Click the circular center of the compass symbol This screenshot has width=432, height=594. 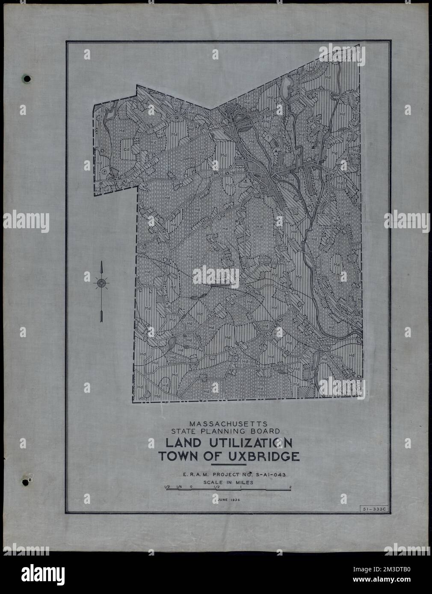click(101, 282)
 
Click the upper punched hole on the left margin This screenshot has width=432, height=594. click(27, 79)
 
